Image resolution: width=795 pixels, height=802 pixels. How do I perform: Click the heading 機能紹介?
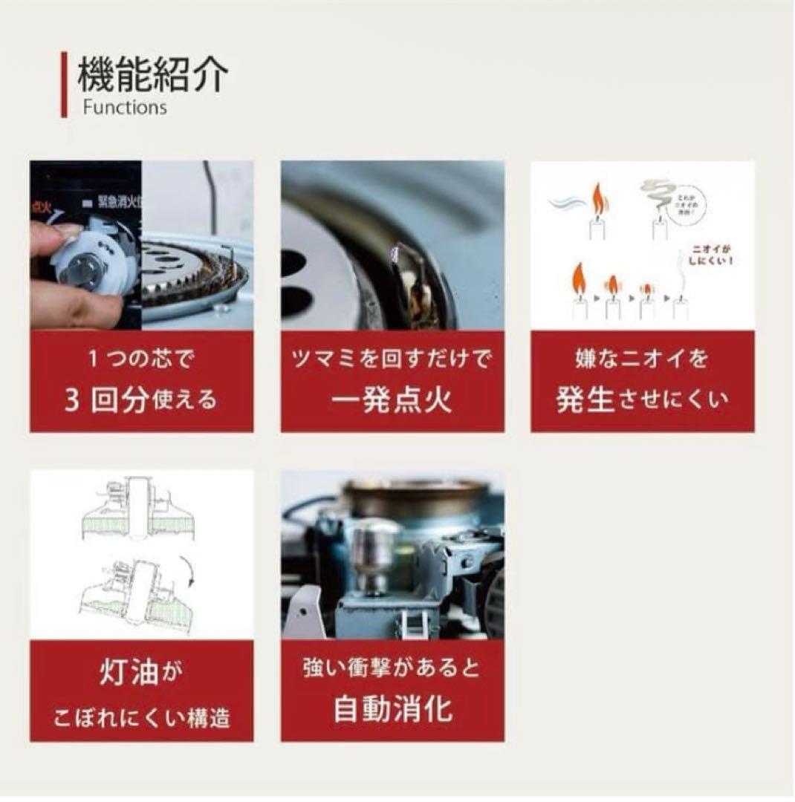152,74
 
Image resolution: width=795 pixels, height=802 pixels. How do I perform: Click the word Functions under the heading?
124,107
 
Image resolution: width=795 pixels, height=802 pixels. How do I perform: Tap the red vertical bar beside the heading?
64,85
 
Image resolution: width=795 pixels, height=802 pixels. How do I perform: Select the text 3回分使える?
141,400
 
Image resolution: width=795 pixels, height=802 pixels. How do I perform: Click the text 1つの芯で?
141,360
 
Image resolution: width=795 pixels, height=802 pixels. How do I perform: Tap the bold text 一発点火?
392,400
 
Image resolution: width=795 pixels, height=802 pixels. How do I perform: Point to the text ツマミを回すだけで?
392,360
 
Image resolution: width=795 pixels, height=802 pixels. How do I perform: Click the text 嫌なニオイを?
642,360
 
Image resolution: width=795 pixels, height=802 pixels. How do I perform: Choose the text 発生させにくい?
642,400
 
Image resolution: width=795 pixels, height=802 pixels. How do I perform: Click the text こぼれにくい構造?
141,717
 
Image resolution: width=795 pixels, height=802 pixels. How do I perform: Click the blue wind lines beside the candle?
568,201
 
